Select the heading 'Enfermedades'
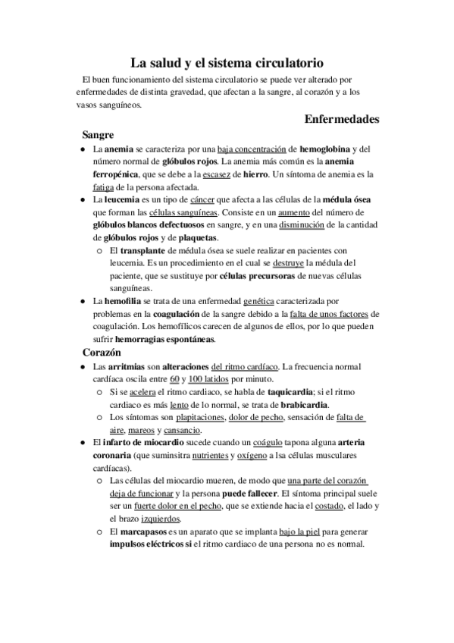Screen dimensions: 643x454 341,119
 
